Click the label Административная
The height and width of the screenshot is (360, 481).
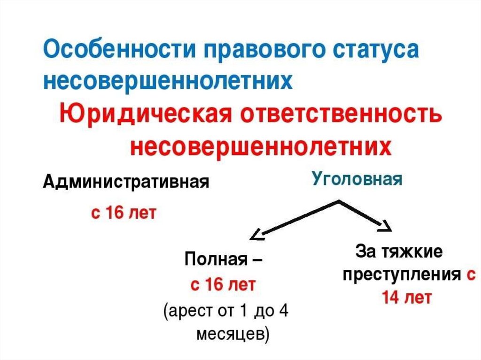pos(126,181)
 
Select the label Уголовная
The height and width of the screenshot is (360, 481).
pos(357,179)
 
